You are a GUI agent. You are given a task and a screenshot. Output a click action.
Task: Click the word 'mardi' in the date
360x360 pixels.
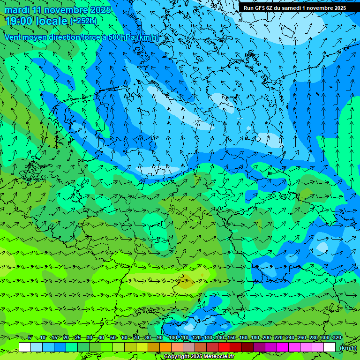point(17,10)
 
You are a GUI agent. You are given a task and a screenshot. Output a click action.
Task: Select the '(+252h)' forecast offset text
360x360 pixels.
point(83,21)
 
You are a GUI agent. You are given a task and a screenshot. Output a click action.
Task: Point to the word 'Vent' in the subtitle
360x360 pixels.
point(13,37)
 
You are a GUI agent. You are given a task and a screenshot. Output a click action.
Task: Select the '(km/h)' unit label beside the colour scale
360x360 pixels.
point(348,347)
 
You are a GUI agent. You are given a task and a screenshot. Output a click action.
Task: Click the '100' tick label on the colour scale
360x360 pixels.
point(173,337)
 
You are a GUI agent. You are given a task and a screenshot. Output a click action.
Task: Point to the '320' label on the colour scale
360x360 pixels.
point(337,337)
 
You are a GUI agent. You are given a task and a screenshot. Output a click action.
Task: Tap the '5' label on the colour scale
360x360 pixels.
point(30,337)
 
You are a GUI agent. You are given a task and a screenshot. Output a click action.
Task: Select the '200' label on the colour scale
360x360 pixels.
point(267,337)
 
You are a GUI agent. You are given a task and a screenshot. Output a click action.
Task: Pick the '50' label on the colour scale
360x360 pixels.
point(113,337)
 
